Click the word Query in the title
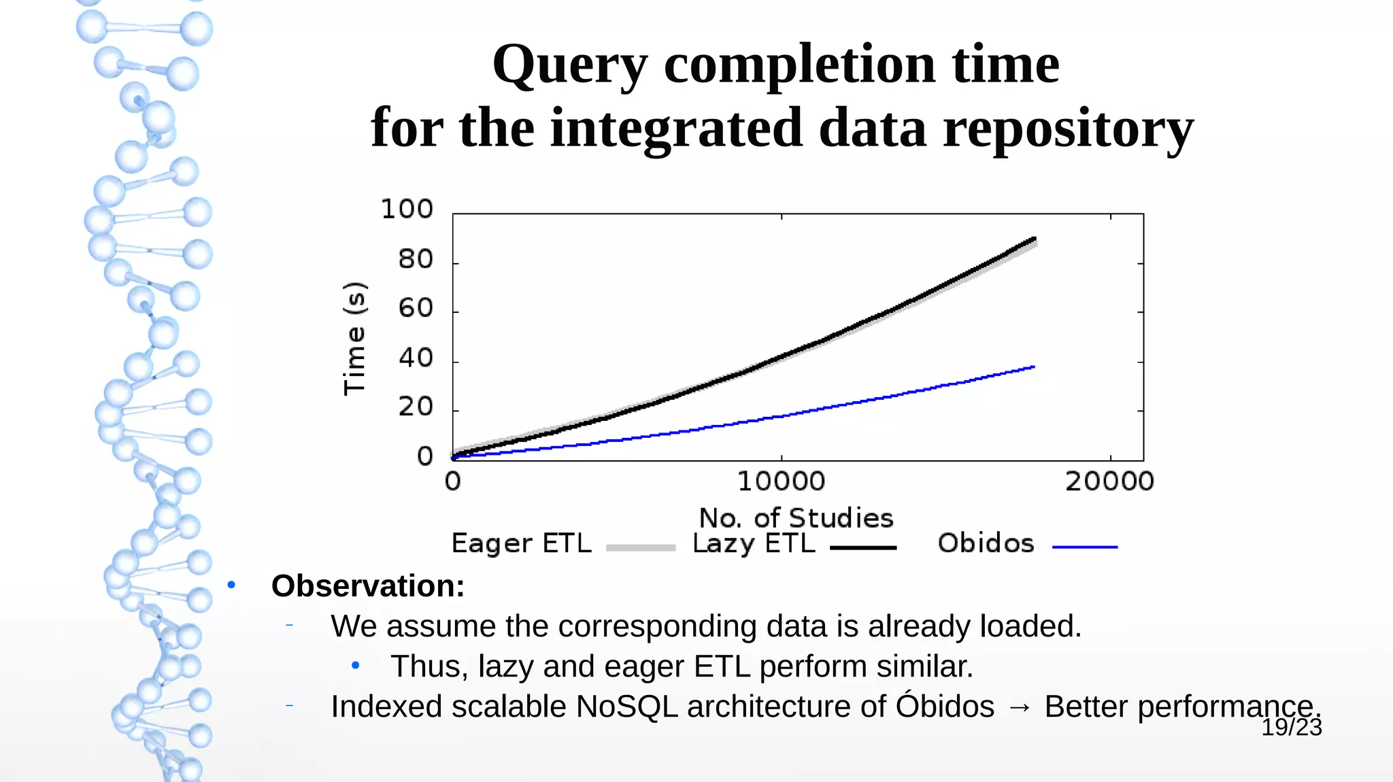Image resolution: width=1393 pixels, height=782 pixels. (x=570, y=65)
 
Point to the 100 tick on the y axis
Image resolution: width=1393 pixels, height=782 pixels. (x=407, y=209)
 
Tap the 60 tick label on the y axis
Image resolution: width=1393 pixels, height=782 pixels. (x=416, y=309)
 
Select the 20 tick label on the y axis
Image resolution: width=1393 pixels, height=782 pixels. (x=416, y=407)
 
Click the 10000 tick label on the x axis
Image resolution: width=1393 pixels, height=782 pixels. (x=781, y=482)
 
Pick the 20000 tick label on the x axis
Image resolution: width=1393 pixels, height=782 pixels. (x=1109, y=482)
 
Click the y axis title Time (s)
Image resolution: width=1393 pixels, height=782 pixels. (x=355, y=338)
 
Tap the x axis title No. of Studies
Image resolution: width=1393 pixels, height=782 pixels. (x=796, y=518)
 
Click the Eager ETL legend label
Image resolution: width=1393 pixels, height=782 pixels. (x=521, y=544)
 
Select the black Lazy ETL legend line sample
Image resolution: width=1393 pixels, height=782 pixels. (x=863, y=547)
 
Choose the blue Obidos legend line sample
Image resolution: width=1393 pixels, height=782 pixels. (x=1084, y=547)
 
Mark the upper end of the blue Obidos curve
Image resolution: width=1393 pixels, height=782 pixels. (x=1033, y=367)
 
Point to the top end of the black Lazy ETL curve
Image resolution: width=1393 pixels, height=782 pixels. (x=1034, y=239)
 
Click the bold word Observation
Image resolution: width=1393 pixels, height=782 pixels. (x=367, y=586)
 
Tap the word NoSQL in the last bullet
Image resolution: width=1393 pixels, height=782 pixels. (x=626, y=707)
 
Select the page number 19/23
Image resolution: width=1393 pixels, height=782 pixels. (x=1291, y=728)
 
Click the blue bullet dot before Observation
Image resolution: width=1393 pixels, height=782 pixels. (x=231, y=585)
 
